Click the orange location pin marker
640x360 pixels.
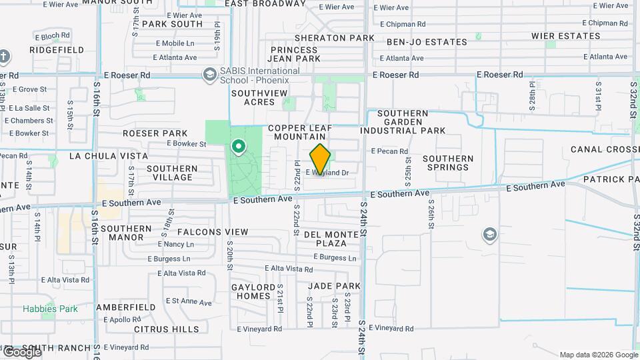coord(320,159)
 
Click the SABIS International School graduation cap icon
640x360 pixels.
coord(209,74)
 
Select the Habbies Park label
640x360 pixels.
coord(50,309)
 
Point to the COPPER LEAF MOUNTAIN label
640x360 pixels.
coord(299,132)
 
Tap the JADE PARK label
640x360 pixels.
coord(334,286)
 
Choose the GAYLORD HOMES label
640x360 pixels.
coord(253,291)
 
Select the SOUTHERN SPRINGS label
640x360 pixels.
coord(448,163)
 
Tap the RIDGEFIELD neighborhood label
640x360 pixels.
coord(57,50)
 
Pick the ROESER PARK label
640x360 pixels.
coord(155,133)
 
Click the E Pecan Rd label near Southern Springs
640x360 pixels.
coord(389,151)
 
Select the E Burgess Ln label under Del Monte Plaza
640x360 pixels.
coord(334,257)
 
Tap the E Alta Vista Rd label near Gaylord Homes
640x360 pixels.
coord(288,269)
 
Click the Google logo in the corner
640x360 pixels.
coord(21,352)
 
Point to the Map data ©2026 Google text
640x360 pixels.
coord(598,355)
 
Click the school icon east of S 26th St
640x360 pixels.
coord(490,234)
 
